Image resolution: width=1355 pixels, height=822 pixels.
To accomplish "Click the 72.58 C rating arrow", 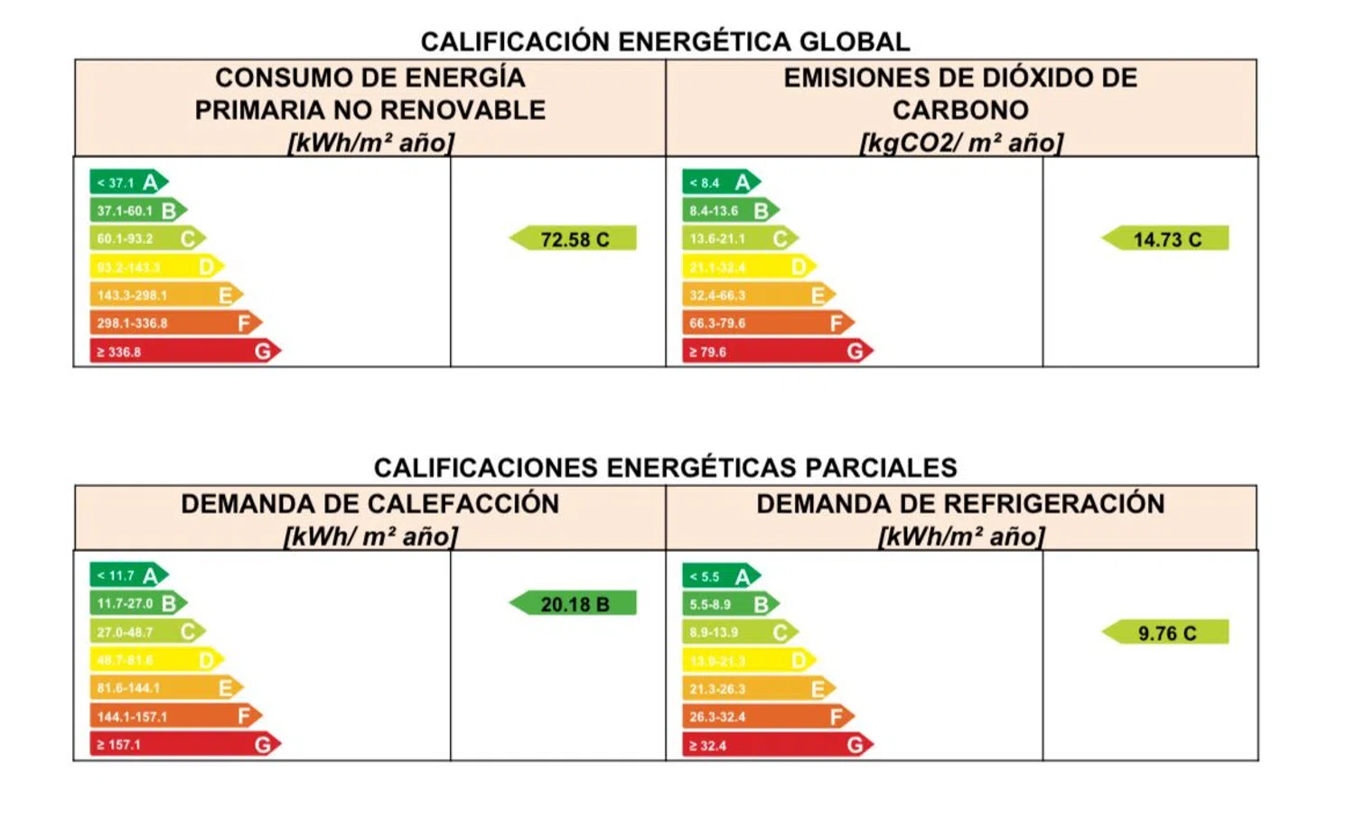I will [x=574, y=238].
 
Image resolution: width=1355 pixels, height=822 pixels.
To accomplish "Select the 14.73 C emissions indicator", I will [x=1166, y=238].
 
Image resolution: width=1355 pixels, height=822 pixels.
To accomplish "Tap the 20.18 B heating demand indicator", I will [x=574, y=603].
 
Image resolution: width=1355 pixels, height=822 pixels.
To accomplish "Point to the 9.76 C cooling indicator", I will [x=1166, y=632].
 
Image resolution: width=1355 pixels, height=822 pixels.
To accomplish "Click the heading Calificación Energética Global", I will [x=665, y=42].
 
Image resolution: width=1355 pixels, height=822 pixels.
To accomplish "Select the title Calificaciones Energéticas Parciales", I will [x=665, y=467].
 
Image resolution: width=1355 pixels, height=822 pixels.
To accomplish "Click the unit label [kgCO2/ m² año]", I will [x=961, y=143].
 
